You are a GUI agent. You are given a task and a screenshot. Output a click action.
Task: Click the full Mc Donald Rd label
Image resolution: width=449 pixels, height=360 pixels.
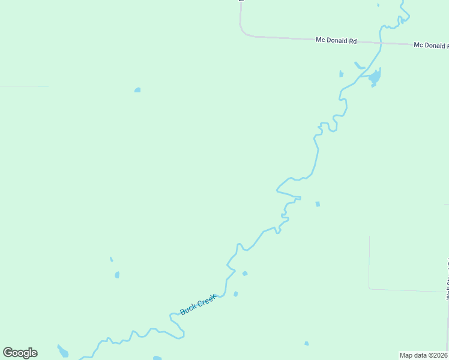(x=336, y=41)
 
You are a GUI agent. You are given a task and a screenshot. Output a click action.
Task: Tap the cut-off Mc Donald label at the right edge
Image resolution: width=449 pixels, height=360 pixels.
(x=430, y=46)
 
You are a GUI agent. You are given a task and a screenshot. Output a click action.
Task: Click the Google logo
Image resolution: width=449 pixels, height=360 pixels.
(x=20, y=353)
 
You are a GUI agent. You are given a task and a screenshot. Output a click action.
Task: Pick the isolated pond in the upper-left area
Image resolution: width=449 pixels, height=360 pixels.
(x=137, y=90)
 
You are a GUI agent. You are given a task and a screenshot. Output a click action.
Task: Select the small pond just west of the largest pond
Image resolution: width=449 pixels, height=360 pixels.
(x=341, y=74)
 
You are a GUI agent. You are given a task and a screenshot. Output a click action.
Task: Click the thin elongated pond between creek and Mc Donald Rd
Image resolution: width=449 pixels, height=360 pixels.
(x=360, y=65)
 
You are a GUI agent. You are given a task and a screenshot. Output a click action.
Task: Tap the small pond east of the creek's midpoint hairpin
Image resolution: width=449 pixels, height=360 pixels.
(x=318, y=204)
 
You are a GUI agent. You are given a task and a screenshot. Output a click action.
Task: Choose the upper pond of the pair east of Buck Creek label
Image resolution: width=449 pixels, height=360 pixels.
(x=244, y=274)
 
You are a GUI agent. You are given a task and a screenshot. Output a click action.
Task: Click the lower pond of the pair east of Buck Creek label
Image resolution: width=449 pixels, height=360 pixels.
(x=235, y=294)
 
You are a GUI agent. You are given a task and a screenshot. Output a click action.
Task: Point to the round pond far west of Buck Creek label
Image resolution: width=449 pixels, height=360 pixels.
(x=117, y=275)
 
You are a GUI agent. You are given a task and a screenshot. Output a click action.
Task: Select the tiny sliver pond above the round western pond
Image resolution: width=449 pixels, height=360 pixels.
(x=111, y=259)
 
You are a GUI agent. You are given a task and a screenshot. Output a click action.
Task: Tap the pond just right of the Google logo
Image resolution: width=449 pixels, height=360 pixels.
(x=62, y=351)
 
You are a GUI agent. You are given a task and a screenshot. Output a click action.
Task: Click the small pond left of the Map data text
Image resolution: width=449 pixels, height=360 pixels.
(x=306, y=344)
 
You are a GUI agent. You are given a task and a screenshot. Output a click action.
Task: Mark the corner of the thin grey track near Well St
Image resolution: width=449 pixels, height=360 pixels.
(x=370, y=289)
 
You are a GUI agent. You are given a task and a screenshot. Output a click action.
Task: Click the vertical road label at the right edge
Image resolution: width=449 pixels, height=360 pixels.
(x=447, y=279)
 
